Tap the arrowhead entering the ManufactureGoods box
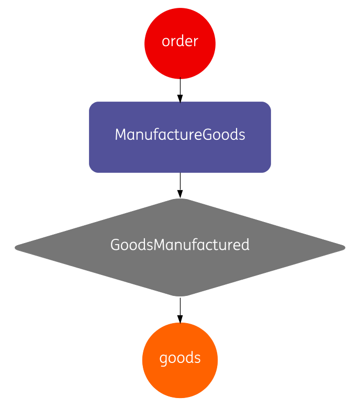[180, 98]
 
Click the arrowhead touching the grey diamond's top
[180, 194]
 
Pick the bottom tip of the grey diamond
[180, 295]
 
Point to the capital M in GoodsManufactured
[160, 245]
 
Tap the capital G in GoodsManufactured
[115, 245]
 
